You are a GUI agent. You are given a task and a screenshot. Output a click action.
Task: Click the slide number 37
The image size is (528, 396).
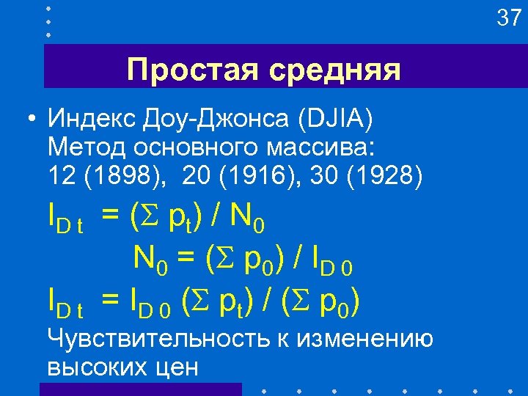508,18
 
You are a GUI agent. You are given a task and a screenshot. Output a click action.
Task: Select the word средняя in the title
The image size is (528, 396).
334,70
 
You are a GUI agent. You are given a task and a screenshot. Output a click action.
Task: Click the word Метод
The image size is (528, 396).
86,147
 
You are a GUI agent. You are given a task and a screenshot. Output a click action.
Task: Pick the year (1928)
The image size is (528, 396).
381,176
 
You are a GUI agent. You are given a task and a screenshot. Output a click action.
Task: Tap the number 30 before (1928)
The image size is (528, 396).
323,176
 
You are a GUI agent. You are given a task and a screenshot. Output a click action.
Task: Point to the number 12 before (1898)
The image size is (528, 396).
62,176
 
